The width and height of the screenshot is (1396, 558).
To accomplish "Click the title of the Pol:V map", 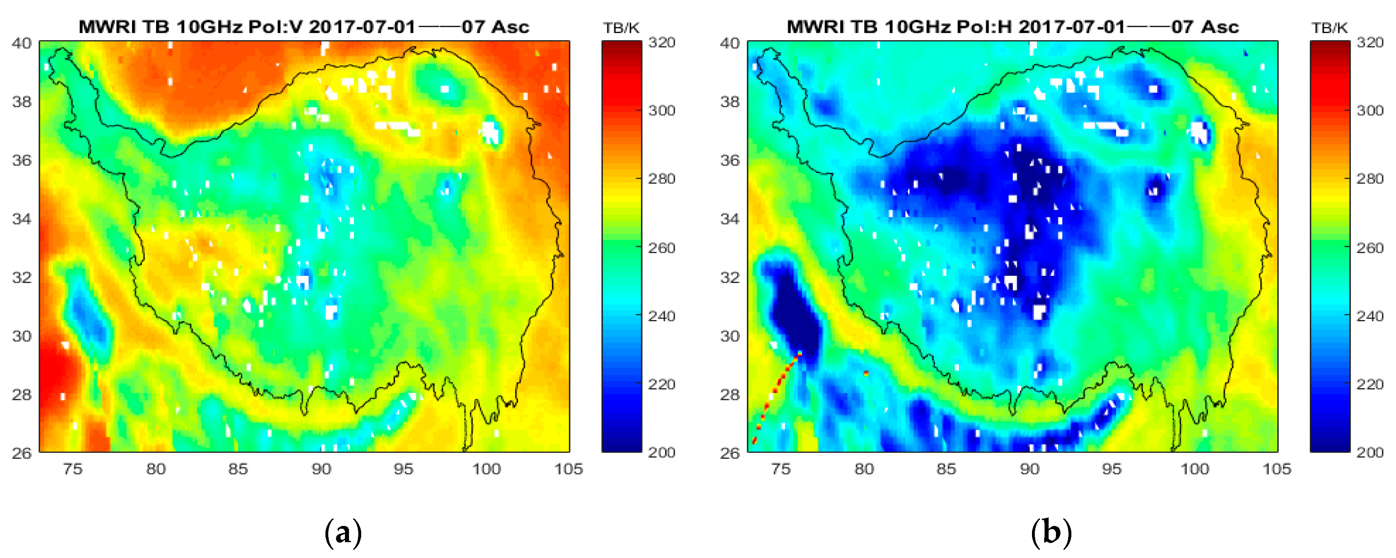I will [x=303, y=26].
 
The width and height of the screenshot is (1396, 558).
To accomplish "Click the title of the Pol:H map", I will [x=1012, y=26].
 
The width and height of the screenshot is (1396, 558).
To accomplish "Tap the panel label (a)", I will [x=342, y=533].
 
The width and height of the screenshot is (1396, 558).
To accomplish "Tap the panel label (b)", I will [x=1051, y=533].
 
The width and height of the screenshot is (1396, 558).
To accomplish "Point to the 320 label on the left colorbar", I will [x=662, y=43].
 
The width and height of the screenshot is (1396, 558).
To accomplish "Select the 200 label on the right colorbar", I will [x=1370, y=452].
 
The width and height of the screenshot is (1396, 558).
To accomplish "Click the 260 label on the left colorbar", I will [x=662, y=248].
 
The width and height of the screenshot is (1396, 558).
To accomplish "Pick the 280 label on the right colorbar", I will [x=1370, y=179].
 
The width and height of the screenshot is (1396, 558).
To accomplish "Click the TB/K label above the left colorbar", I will [x=621, y=28].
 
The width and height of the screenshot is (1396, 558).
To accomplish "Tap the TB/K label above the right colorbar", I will [x=1329, y=28].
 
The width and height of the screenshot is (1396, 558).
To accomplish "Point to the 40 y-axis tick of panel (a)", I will [x=22, y=43].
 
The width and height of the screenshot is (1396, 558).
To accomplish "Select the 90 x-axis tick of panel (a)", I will [x=321, y=469].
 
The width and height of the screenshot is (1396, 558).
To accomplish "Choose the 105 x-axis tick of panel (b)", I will [x=1277, y=469].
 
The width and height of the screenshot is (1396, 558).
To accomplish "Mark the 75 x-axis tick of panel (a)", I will [x=73, y=469].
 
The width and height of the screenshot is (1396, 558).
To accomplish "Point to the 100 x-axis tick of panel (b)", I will [x=1194, y=469].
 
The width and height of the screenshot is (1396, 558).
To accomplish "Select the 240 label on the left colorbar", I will [x=662, y=316].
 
